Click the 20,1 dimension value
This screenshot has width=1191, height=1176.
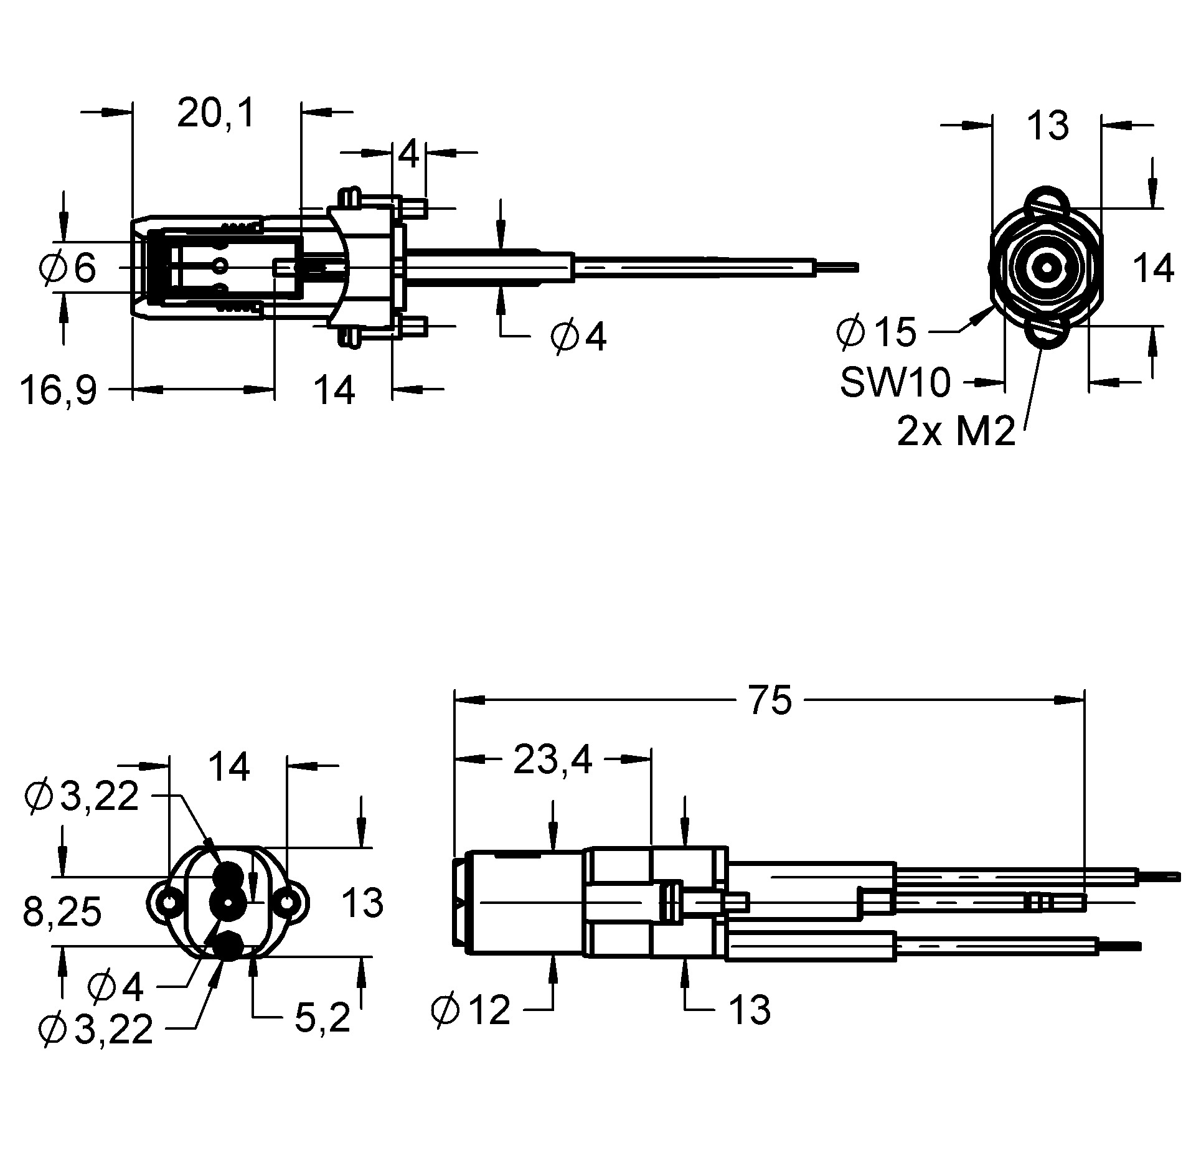pyautogui.click(x=215, y=114)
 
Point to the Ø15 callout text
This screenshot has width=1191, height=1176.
pyautogui.click(x=877, y=332)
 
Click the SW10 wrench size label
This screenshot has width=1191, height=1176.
pyautogui.click(x=895, y=382)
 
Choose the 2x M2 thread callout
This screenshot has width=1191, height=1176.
pyautogui.click(x=956, y=431)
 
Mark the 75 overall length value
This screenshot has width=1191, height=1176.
pyautogui.click(x=770, y=699)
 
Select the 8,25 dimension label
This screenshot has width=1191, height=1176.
pyautogui.click(x=62, y=913)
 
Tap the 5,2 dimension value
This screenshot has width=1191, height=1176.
pyautogui.click(x=322, y=1018)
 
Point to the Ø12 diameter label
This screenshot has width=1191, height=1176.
pyautogui.click(x=471, y=1010)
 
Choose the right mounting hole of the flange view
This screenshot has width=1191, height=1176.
pyautogui.click(x=287, y=901)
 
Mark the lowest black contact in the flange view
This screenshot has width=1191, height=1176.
pyautogui.click(x=228, y=945)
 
